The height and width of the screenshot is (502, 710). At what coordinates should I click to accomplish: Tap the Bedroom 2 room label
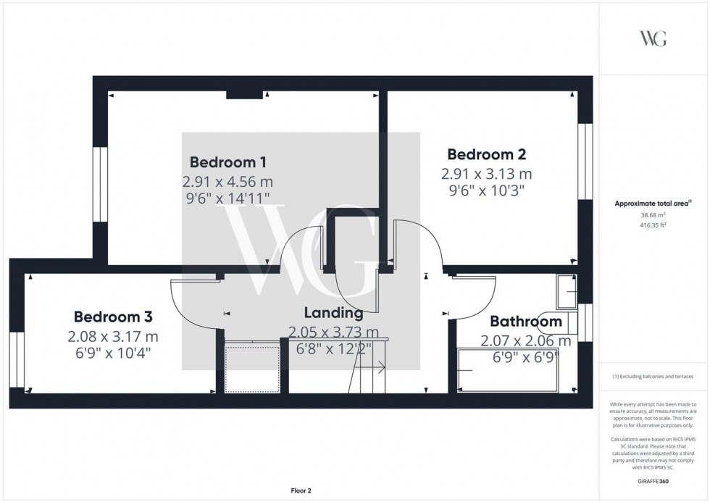[x=486, y=154]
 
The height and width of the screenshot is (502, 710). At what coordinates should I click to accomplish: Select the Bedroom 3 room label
[x=113, y=317]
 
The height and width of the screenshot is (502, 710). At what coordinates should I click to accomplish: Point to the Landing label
[x=333, y=314]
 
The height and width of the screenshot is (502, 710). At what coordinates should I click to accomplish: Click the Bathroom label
[x=526, y=322]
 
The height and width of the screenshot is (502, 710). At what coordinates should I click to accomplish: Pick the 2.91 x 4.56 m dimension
[x=227, y=181]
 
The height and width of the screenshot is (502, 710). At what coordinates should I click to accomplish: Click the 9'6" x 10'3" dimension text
[x=486, y=191]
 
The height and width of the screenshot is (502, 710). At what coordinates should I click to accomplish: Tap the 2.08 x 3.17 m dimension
[x=113, y=337]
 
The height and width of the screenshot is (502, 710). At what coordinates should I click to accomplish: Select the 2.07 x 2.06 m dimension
[x=526, y=340]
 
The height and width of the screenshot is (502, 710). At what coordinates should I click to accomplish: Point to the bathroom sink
[x=566, y=291]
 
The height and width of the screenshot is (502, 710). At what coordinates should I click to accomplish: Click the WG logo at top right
[x=653, y=39]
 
